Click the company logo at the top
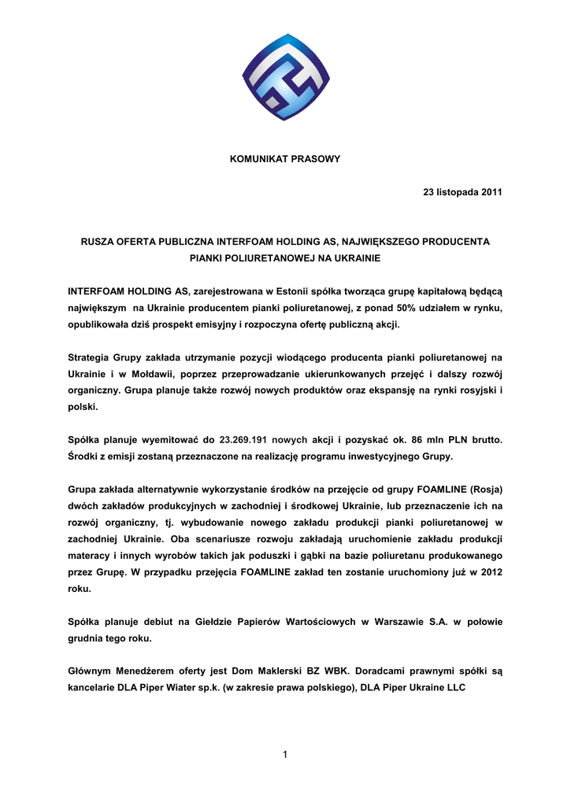click(x=285, y=77)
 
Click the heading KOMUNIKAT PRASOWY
click(x=285, y=159)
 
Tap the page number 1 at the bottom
click(x=285, y=756)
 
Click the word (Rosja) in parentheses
click(x=484, y=490)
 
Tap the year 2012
click(x=487, y=571)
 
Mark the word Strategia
click(x=90, y=357)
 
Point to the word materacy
click(x=91, y=555)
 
